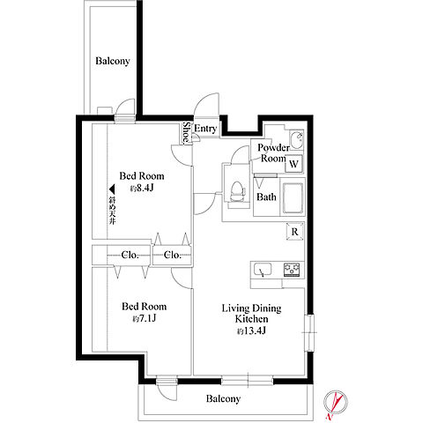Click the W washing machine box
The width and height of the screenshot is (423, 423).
pos(293,164)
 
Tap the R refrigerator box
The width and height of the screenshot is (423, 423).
pos(294,232)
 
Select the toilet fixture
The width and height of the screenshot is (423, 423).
pos(237,192)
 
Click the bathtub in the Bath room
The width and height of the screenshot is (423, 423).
pos(293,198)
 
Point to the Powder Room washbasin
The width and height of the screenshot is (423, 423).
pos(296,139)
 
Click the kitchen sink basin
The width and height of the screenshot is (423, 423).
pos(263,270)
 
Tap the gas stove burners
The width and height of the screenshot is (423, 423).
pos(292,270)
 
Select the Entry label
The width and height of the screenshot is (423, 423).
pos(205,129)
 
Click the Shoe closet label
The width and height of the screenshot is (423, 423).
pos(186,133)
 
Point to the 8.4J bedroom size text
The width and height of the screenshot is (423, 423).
pos(142,188)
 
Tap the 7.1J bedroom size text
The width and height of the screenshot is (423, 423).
pos(144,318)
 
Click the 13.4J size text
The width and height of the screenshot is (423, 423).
pos(251,331)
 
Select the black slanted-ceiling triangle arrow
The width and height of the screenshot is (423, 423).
pos(112,189)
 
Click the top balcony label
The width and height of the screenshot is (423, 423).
pos(113,61)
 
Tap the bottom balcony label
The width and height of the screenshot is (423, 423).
pos(223,398)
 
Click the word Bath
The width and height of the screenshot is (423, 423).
pos(266,197)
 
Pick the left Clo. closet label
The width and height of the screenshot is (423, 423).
pos(130,255)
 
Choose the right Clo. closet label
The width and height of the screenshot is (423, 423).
pos(173,255)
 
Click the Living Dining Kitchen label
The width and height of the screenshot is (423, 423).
pos(251,314)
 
